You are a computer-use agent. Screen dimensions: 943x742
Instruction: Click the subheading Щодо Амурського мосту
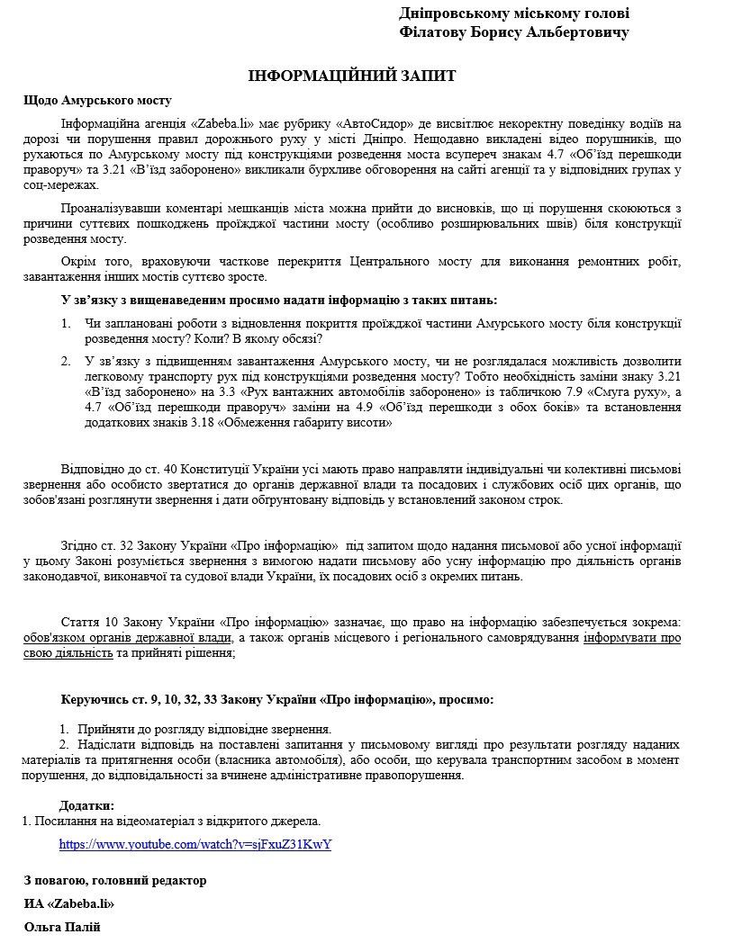click(x=97, y=101)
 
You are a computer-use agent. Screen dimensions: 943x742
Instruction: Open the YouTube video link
click(x=195, y=845)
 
